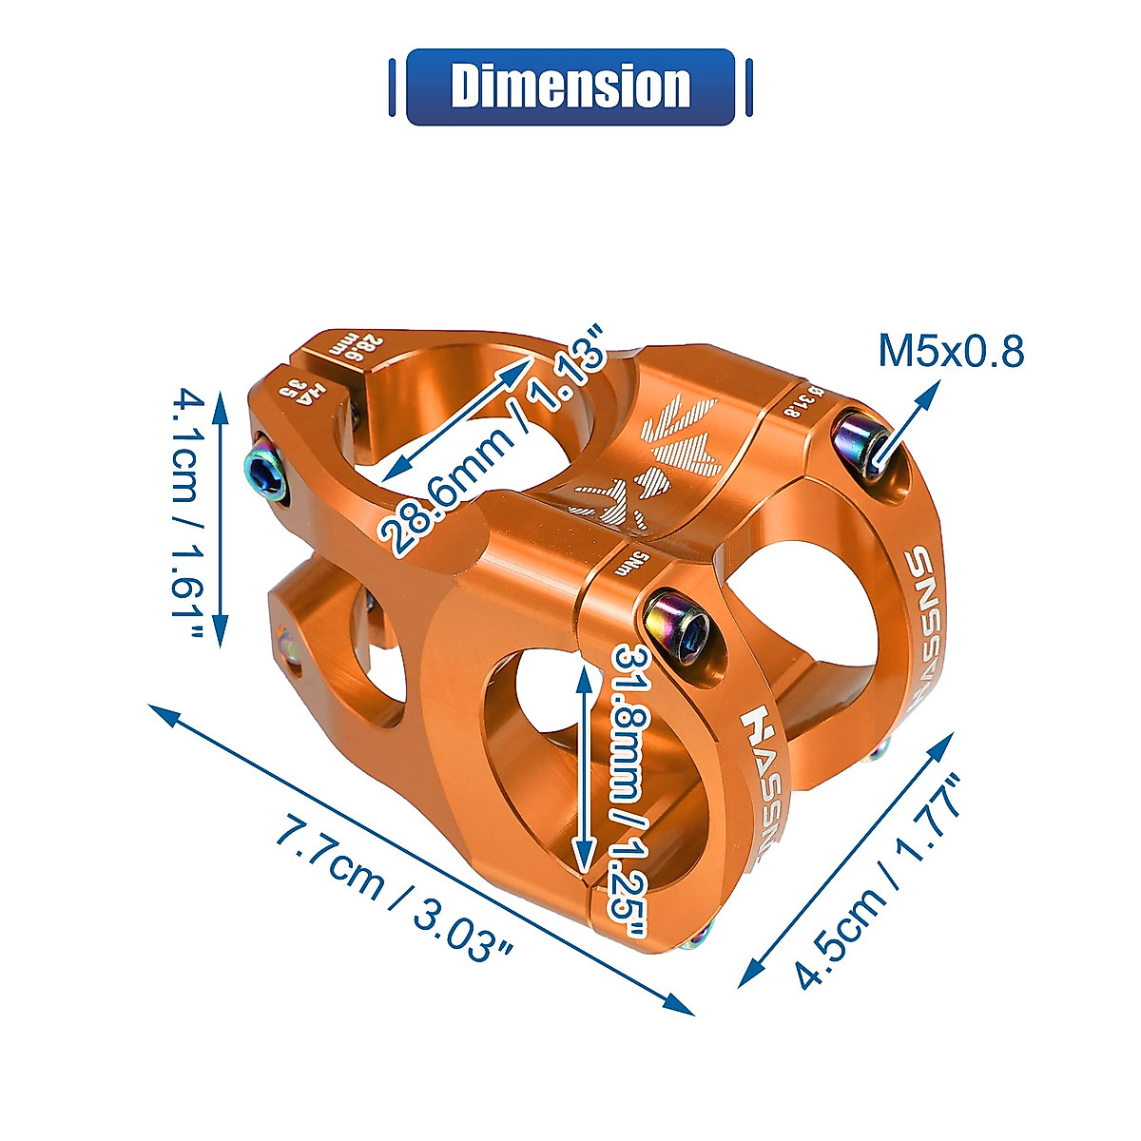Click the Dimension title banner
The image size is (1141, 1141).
pyautogui.click(x=570, y=87)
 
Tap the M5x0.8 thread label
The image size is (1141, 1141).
pyautogui.click(x=950, y=351)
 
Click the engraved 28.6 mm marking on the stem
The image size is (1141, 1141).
pyautogui.click(x=352, y=346)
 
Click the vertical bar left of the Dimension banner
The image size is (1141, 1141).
pyautogui.click(x=392, y=87)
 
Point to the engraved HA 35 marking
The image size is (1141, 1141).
pyautogui.click(x=300, y=391)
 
